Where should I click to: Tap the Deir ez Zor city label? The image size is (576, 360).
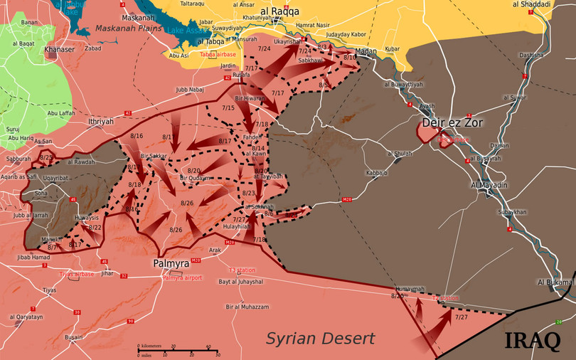pos(452,122)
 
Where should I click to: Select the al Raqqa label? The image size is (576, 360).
pos(279,11)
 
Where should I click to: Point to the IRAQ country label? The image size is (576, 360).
pos(532,340)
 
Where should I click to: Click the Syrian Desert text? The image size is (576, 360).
pos(320,338)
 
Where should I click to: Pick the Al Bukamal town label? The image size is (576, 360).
pos(556,282)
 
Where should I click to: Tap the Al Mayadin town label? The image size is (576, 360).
pos(489,185)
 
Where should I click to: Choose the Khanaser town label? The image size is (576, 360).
pos(59,50)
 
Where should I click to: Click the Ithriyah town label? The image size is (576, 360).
pos(101,122)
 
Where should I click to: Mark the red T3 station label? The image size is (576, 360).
pos(242,270)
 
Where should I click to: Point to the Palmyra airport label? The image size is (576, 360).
pos(183,277)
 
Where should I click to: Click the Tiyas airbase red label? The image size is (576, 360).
pos(76,274)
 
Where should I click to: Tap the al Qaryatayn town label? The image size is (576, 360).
pos(26,317)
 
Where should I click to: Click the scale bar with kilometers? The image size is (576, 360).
pos(178,351)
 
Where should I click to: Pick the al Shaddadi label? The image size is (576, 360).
pos(530,4)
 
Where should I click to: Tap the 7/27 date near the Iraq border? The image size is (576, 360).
pos(462,317)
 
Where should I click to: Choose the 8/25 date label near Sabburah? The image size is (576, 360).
pos(47,157)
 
